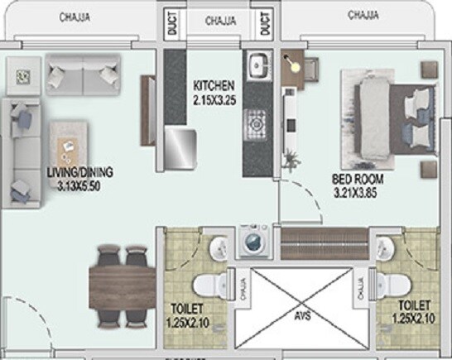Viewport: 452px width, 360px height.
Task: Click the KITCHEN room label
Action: coord(214,85)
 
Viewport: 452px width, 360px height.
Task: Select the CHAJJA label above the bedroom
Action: coord(364,14)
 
